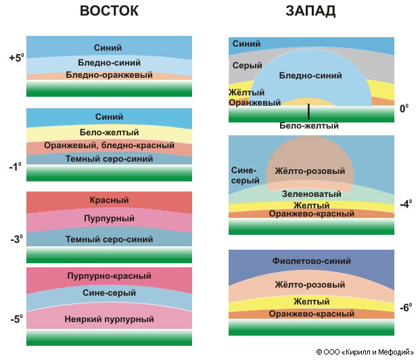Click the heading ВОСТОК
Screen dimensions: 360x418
tap(109, 12)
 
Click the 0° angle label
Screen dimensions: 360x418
tap(404, 108)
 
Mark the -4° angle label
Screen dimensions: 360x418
tap(404, 203)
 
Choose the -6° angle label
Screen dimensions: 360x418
tap(405, 307)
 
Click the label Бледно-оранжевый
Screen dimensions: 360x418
tap(109, 74)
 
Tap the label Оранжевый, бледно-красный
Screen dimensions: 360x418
tap(109, 146)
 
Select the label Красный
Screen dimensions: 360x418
tap(109, 200)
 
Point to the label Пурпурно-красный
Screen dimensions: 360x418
tap(109, 276)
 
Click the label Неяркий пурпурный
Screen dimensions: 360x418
tap(109, 318)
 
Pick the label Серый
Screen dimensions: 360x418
tap(243, 66)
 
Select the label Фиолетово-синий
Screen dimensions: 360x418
tap(311, 261)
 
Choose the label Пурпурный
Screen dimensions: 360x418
tap(109, 219)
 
